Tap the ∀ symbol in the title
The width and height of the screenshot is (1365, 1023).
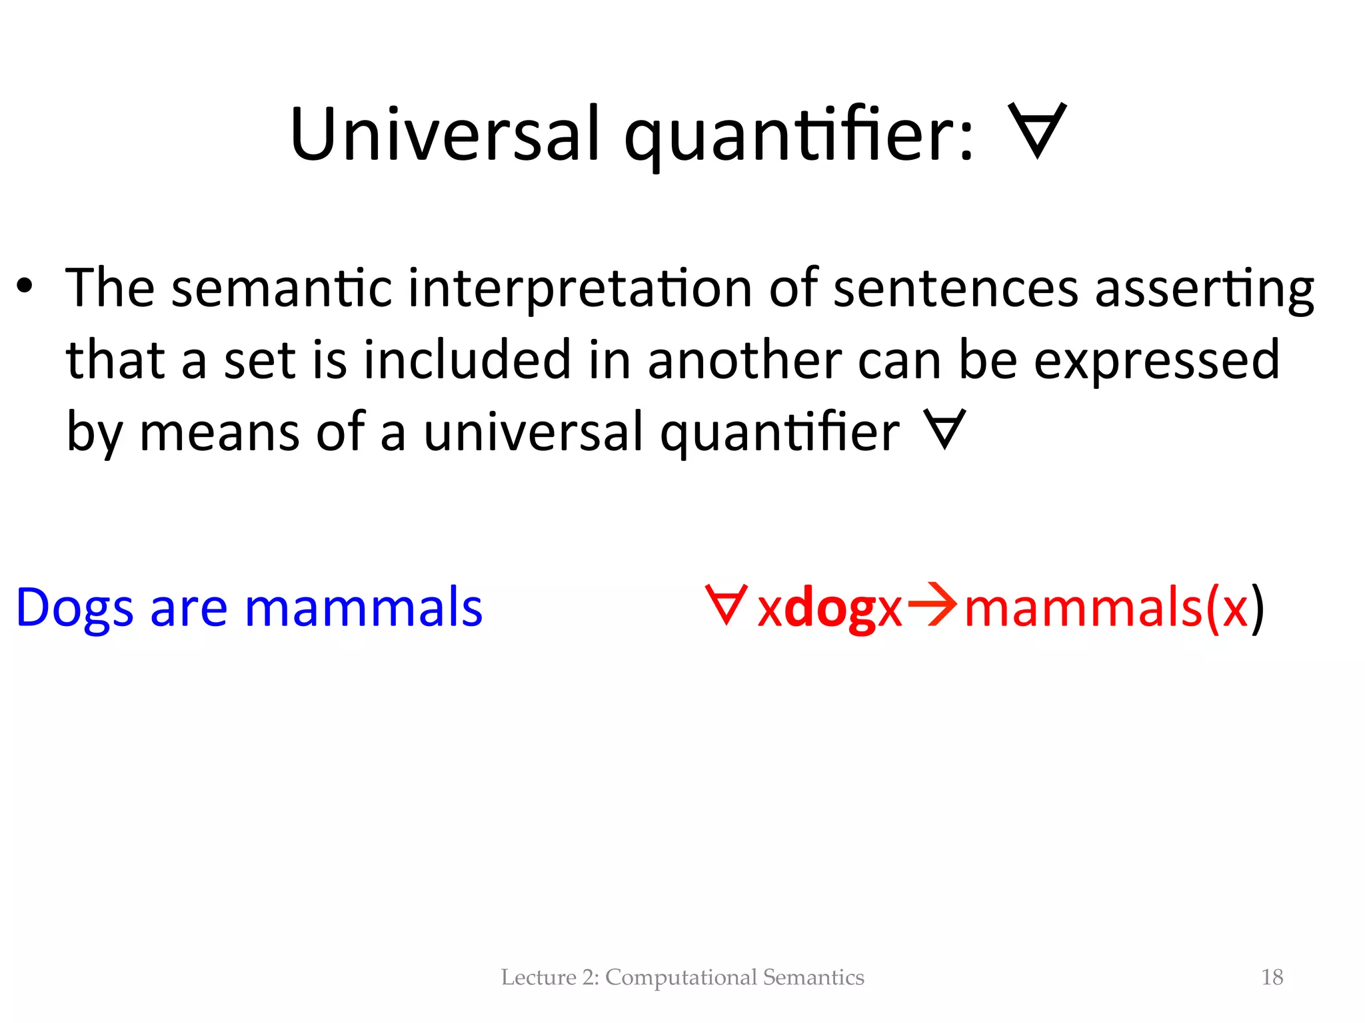click(1037, 131)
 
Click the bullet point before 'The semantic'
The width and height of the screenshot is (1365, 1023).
click(25, 288)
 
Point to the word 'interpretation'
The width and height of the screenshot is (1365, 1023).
click(580, 289)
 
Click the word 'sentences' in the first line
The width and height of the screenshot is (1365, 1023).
click(955, 289)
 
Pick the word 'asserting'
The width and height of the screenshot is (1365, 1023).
click(1204, 289)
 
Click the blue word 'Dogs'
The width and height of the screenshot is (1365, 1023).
click(74, 608)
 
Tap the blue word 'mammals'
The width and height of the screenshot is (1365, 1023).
click(363, 607)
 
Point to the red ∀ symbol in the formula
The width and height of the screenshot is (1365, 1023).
click(726, 605)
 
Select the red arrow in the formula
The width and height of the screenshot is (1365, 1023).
click(932, 605)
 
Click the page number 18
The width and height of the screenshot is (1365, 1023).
click(1272, 977)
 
